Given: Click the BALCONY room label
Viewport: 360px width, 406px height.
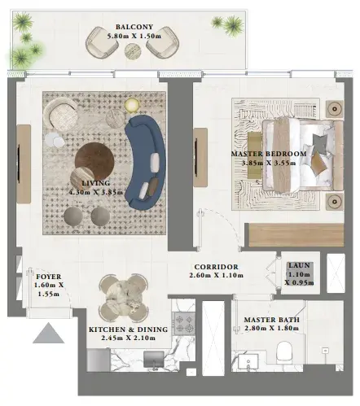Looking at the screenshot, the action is point(134,27).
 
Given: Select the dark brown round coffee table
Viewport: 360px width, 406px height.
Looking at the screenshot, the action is point(94,160).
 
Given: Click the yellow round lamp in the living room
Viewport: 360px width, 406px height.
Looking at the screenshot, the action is point(132,105).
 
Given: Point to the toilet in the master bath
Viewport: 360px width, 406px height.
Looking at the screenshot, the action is point(283,351).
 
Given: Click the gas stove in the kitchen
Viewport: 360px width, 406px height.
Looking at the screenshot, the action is point(184,323).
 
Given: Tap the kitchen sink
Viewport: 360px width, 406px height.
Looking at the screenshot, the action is point(154,360).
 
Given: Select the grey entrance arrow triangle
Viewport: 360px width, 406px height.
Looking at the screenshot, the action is point(48,333).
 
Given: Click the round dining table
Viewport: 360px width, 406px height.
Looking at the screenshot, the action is point(124,297).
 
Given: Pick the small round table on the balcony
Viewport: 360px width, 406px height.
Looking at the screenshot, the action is point(133,51).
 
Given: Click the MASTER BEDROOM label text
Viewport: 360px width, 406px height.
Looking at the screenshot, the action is point(269,154).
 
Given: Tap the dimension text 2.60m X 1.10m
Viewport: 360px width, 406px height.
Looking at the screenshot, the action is point(216,275).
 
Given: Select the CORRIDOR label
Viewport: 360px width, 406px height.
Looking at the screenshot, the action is point(217,267).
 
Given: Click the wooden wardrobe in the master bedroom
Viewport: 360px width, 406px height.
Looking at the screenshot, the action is point(296,235).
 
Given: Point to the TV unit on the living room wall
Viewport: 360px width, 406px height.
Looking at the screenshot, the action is point(24,164).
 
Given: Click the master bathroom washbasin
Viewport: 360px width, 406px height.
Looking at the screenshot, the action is point(248,362).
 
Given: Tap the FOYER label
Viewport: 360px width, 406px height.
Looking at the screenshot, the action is point(49,277).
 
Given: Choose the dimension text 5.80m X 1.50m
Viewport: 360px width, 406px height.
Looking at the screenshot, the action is point(134,36).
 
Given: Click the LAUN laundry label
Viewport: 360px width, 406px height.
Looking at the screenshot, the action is point(299,265).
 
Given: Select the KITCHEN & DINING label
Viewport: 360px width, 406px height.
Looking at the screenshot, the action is point(129,330).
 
